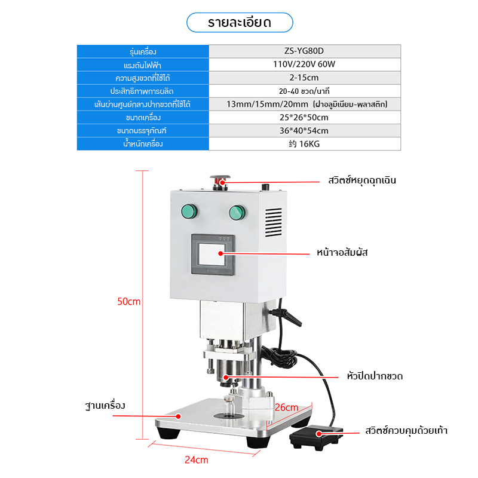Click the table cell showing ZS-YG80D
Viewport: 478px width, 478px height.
(x=304, y=51)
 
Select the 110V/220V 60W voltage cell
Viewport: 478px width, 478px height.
(x=304, y=65)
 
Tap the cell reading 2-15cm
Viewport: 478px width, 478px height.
(x=304, y=78)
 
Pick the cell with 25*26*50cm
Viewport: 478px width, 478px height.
(x=304, y=117)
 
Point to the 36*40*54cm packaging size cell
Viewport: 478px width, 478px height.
(x=304, y=130)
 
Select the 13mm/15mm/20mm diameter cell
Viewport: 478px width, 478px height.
(x=304, y=104)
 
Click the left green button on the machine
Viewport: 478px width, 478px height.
(x=189, y=212)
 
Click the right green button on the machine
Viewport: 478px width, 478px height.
(x=237, y=213)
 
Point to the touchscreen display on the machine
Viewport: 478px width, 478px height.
(x=213, y=255)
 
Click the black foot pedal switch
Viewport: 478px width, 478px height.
(x=316, y=437)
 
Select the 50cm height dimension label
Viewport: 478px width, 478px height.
(x=129, y=302)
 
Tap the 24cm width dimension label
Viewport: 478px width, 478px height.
(x=197, y=459)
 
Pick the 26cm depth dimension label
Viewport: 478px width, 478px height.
(x=287, y=407)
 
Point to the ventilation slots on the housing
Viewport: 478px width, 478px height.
(x=274, y=222)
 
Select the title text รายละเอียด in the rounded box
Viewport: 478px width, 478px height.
(x=240, y=23)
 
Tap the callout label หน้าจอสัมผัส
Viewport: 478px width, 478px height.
(x=342, y=252)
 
